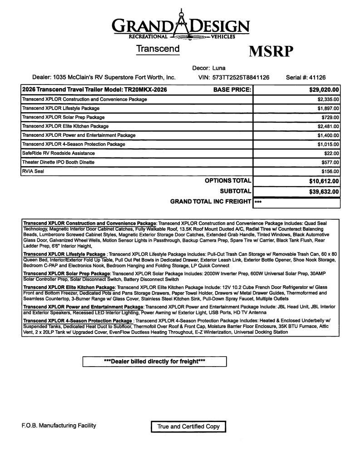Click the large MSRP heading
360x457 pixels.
point(271,51)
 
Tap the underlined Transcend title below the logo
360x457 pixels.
point(158,49)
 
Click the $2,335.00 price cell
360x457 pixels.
point(328,99)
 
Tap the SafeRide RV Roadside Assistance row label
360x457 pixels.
point(58,153)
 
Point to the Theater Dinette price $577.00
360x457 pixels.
point(330,162)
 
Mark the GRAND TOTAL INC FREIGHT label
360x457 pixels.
point(210,201)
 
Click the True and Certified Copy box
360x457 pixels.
point(188,427)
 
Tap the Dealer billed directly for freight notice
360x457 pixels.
point(154,362)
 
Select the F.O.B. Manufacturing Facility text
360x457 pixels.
point(59,426)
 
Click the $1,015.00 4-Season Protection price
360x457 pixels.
point(328,144)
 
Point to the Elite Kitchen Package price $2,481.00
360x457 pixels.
point(328,126)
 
